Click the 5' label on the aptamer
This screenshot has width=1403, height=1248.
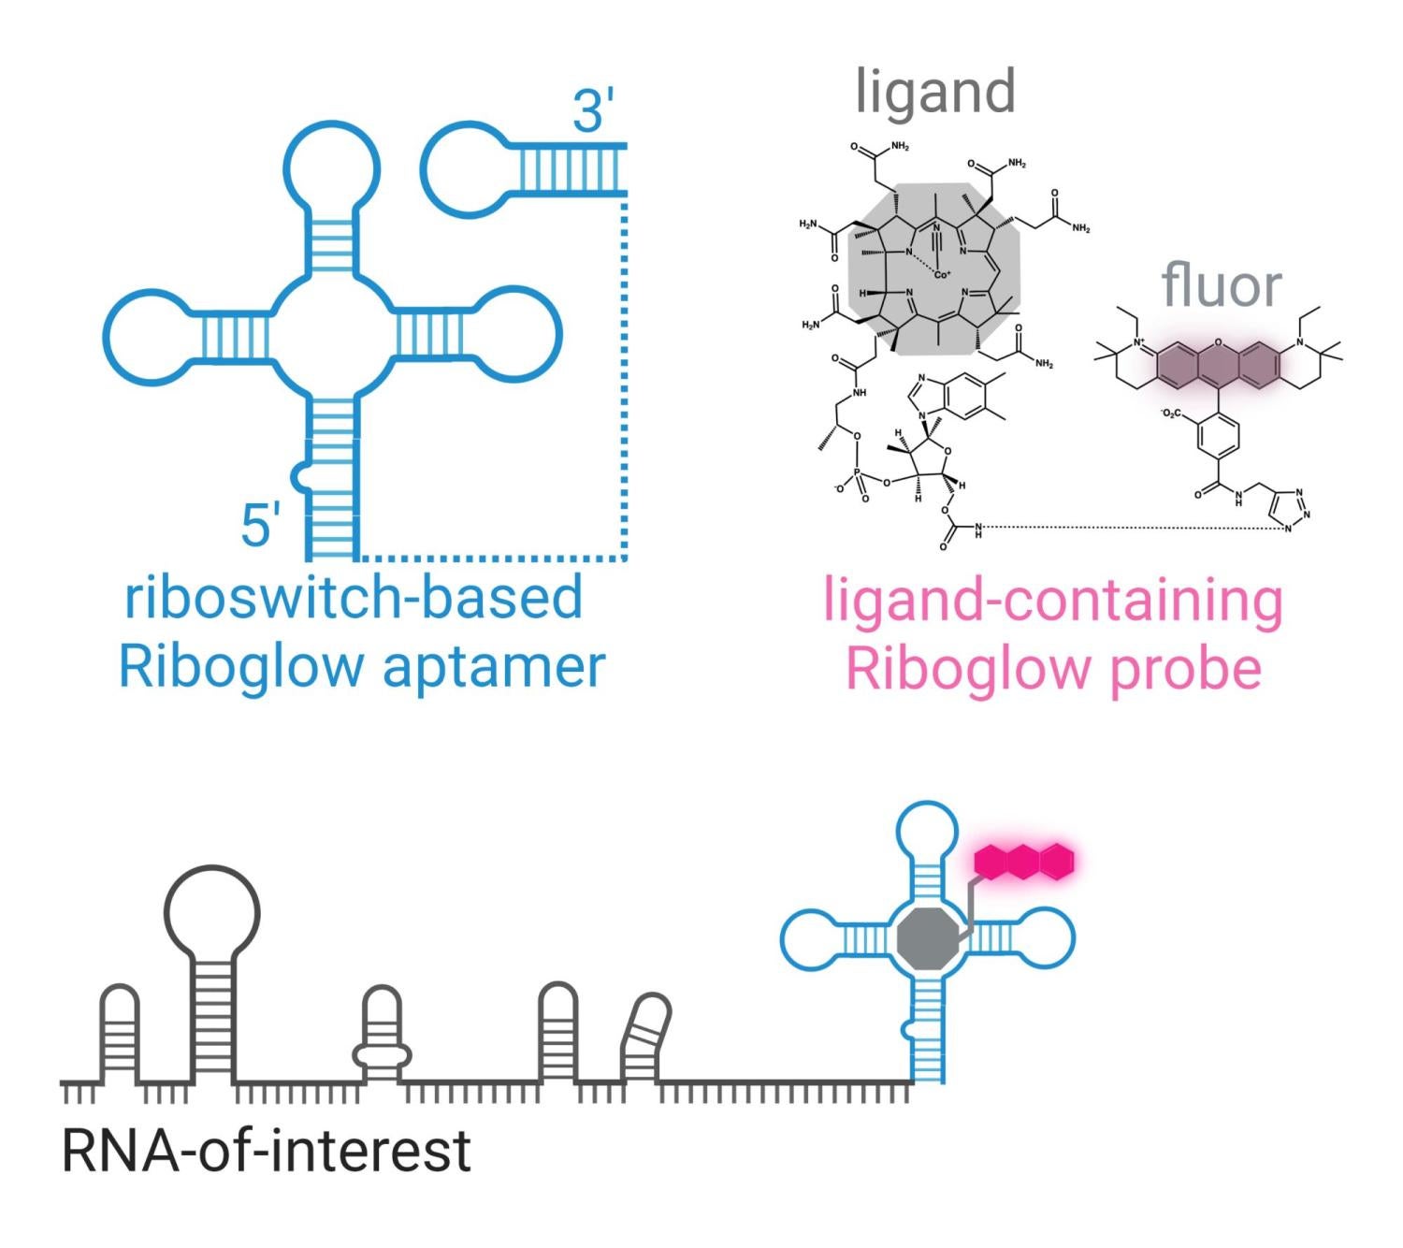point(260,525)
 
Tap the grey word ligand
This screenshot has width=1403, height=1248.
point(935,92)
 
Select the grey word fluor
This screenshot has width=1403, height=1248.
point(1221,284)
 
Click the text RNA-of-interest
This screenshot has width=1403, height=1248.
point(266,1151)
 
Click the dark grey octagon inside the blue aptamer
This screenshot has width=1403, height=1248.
point(928,938)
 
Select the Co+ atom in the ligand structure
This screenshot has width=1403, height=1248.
point(941,275)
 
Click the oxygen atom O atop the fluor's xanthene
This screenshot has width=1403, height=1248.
point(1219,344)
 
